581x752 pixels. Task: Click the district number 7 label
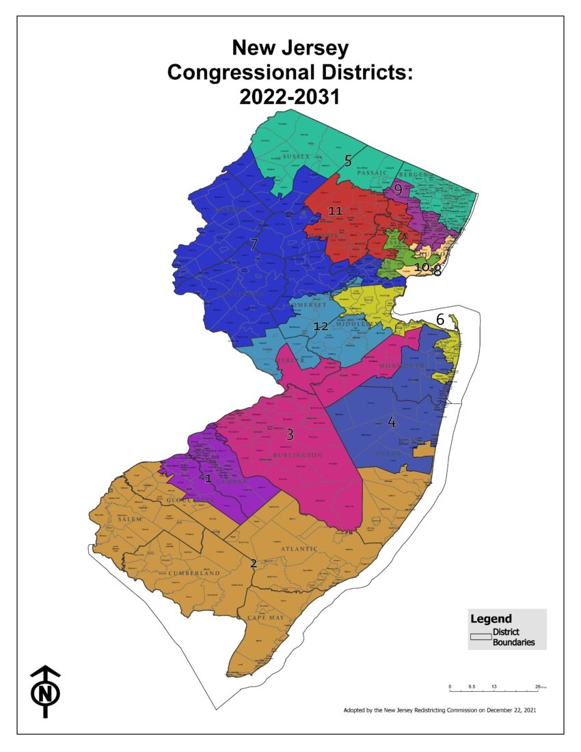click(253, 244)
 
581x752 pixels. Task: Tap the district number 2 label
click(253, 563)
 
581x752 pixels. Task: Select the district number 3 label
click(290, 434)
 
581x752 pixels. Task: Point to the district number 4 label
click(391, 422)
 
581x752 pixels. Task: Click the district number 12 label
click(321, 326)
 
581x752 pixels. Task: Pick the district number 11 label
click(335, 211)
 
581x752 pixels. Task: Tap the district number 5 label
click(348, 161)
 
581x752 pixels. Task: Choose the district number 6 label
click(440, 319)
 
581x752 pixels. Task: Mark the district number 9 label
click(397, 191)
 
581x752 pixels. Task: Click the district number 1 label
click(208, 479)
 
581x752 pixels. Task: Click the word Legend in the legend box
click(491, 619)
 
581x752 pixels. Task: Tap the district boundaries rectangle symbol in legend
click(480, 637)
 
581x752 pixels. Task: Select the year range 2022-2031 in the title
click(290, 96)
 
